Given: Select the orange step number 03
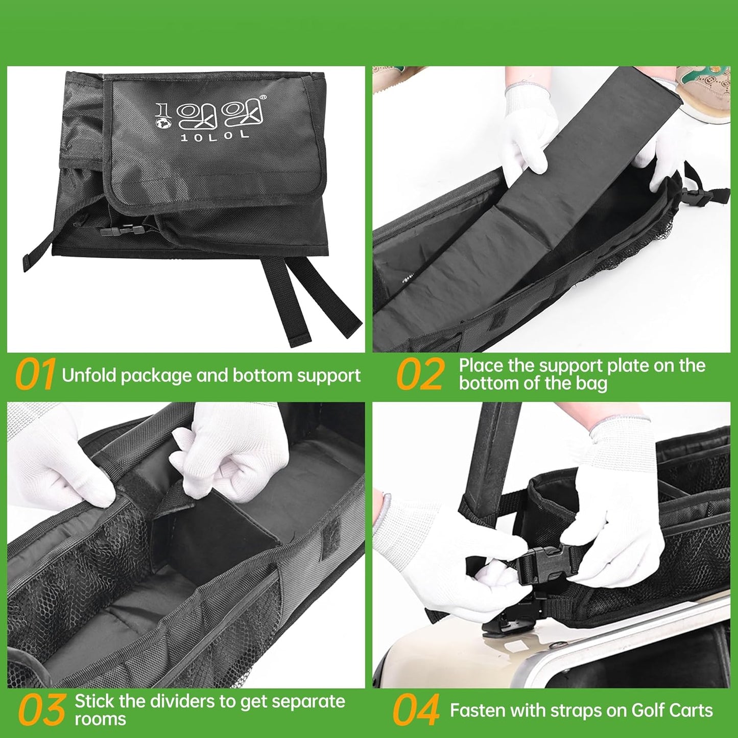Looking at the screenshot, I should click(x=42, y=710).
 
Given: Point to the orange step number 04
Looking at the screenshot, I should click(x=416, y=710).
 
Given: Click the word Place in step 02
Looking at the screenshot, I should click(x=479, y=366).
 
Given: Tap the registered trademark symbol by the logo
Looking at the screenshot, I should click(x=264, y=97).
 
